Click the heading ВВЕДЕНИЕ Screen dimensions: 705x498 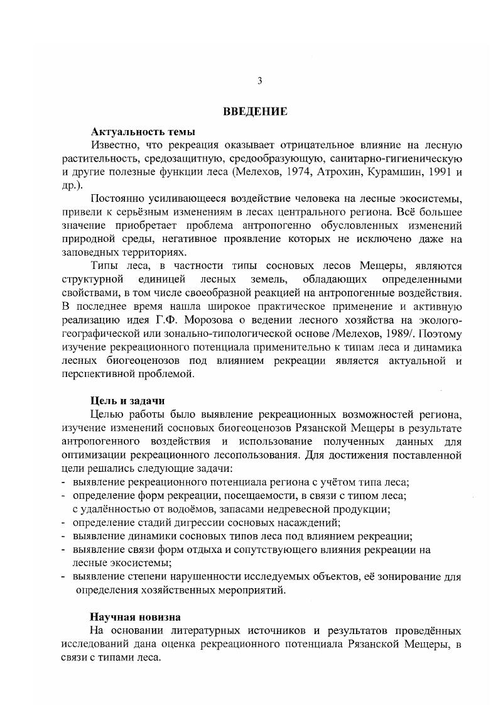click(x=256, y=112)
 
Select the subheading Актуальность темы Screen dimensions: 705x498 click(x=143, y=132)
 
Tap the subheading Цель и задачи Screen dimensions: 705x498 click(x=128, y=400)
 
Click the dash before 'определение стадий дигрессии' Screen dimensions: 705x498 click(x=64, y=523)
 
